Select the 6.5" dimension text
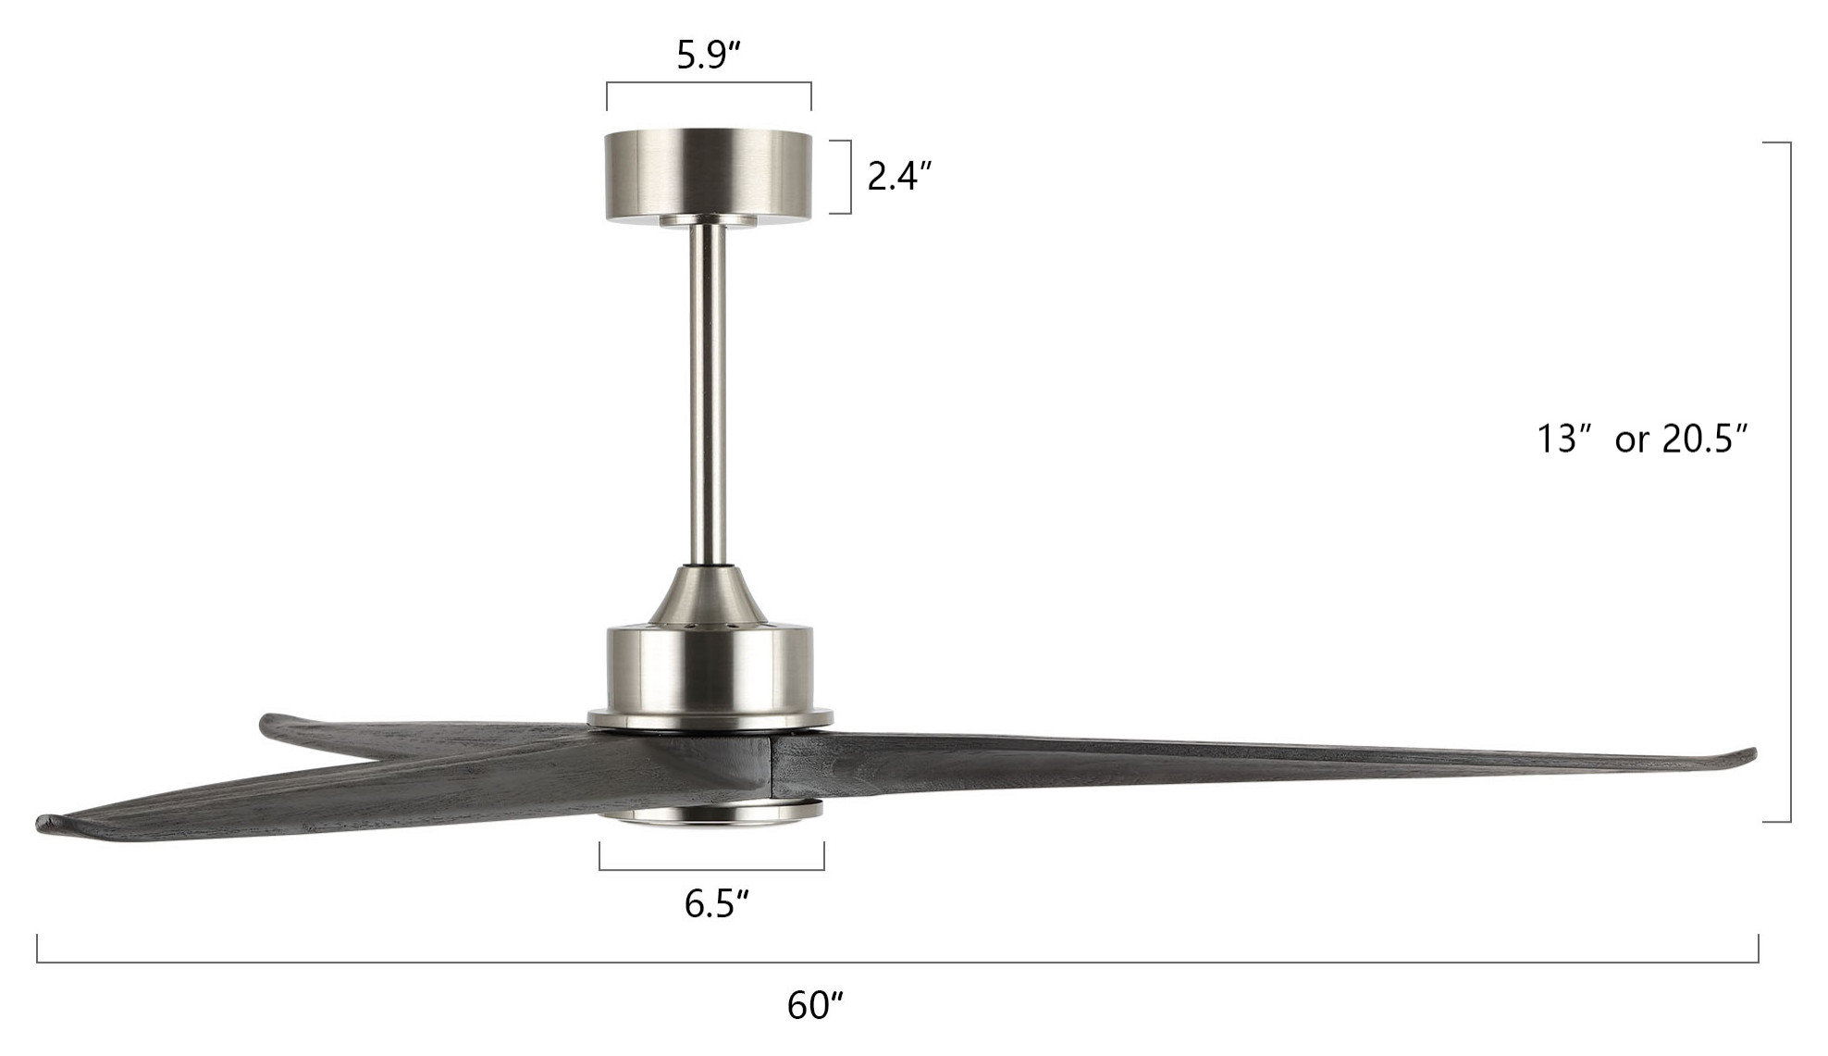tap(715, 903)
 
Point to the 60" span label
tap(815, 1005)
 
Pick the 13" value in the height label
tap(1562, 439)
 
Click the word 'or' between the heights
tap(1631, 441)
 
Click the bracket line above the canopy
tap(710, 83)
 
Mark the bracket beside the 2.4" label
tap(849, 177)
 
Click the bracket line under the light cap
tap(711, 870)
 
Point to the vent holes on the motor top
tap(710, 627)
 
